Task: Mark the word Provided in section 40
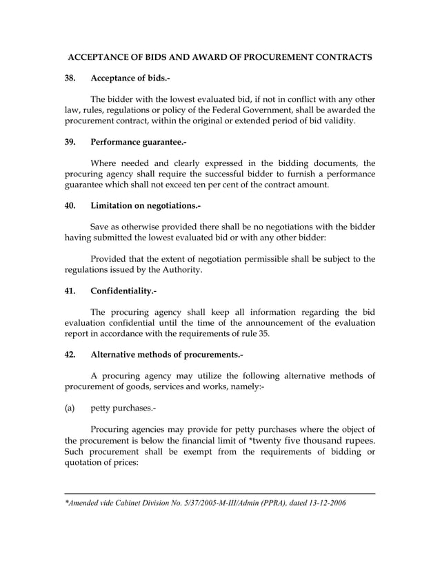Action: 112,259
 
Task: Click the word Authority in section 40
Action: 181,270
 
